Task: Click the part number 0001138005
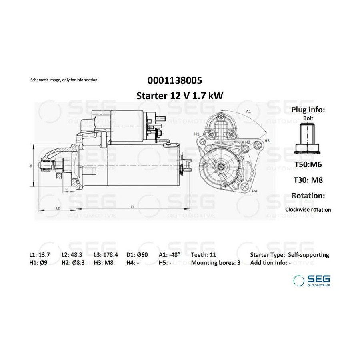click(175, 80)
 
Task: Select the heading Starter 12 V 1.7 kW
click(180, 96)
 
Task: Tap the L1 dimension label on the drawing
click(67, 189)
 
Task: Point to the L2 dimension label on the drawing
click(58, 208)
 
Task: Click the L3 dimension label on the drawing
click(132, 207)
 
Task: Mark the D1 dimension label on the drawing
click(31, 165)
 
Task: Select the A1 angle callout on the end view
click(248, 112)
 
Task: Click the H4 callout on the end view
click(254, 191)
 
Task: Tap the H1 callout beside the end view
click(197, 134)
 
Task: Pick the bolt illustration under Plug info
click(308, 138)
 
